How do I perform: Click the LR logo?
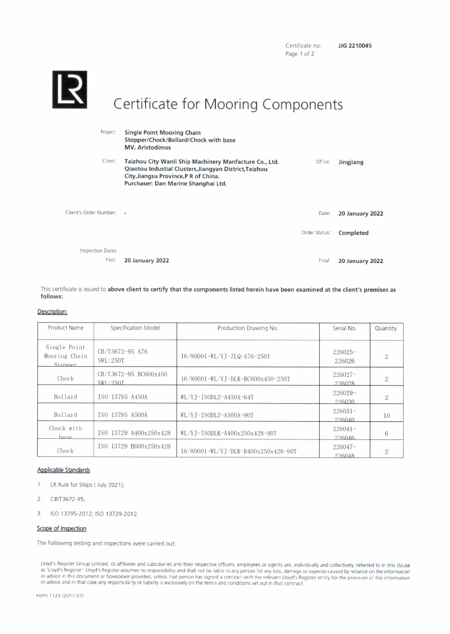coord(69,90)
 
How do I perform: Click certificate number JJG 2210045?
coord(355,46)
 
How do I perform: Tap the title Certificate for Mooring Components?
coord(228,104)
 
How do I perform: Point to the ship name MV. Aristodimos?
coord(148,147)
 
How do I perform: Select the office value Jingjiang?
coord(351,162)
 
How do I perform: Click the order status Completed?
coord(353,233)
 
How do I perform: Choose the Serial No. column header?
coord(345,328)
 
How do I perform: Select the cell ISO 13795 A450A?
coord(123,397)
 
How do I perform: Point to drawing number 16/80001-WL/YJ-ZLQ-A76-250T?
coord(225,357)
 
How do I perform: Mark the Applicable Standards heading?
coord(64,470)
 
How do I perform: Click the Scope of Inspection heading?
coord(62,529)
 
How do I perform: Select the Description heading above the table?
coord(52,311)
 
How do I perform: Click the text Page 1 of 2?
coord(300,54)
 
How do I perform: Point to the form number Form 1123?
coord(60,596)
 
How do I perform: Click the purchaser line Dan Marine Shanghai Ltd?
coord(175,183)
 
